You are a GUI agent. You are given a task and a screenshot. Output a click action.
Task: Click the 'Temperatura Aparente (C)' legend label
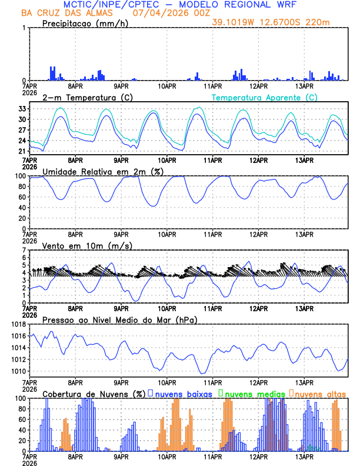click(265, 97)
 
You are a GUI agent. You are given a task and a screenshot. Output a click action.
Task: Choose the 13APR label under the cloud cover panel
click(304, 457)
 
